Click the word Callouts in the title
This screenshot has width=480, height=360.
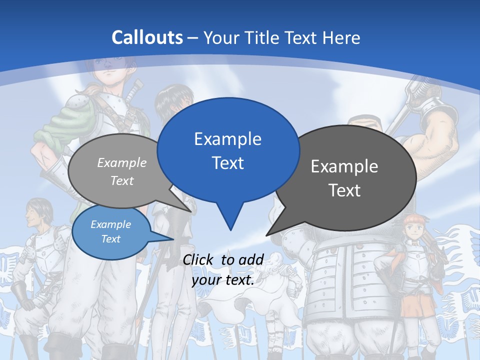tap(147, 37)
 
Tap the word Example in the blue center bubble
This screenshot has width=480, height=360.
tap(227, 138)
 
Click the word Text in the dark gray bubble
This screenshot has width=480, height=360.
tap(344, 190)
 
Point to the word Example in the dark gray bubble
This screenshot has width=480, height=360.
tap(344, 166)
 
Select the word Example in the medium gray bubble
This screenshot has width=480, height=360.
tap(122, 162)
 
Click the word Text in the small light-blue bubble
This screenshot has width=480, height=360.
tap(111, 239)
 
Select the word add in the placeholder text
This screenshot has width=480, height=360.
tap(252, 259)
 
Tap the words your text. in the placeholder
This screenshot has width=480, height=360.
tap(223, 280)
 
